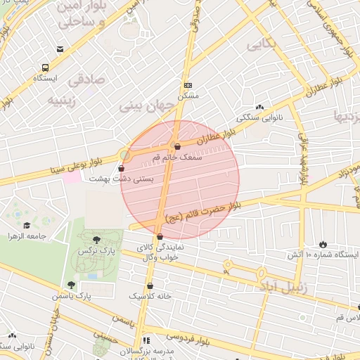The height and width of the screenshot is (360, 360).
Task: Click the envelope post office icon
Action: [x=60, y=49]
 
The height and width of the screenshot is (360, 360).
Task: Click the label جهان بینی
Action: [x=146, y=105]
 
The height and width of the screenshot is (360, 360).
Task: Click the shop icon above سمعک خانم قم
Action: [x=176, y=147]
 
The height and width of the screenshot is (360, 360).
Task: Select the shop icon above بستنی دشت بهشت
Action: [x=122, y=169]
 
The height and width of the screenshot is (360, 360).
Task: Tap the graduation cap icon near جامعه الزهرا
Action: [x=27, y=226]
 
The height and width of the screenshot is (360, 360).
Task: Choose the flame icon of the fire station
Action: [x=323, y=244]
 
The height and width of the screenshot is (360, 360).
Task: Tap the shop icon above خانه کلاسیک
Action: [x=150, y=286]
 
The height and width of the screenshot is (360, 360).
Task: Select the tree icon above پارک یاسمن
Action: [x=71, y=285]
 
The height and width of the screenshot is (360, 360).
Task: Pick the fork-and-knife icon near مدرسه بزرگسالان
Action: [x=146, y=341]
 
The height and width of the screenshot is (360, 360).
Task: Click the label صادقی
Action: [x=86, y=79]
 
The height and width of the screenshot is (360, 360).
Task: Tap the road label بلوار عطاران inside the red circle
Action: [x=208, y=139]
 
